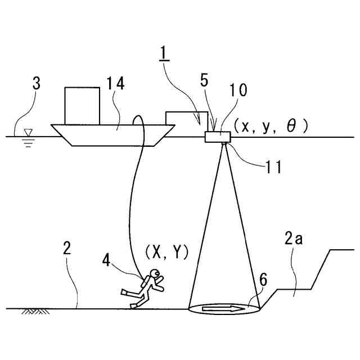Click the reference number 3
(36, 84)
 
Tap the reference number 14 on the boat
(116, 84)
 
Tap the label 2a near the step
(291, 240)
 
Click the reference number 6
(263, 280)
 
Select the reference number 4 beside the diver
(108, 259)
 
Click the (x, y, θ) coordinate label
(272, 127)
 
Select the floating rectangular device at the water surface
(218, 137)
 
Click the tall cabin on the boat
(83, 105)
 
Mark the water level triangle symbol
(29, 133)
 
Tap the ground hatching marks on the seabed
(34, 311)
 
